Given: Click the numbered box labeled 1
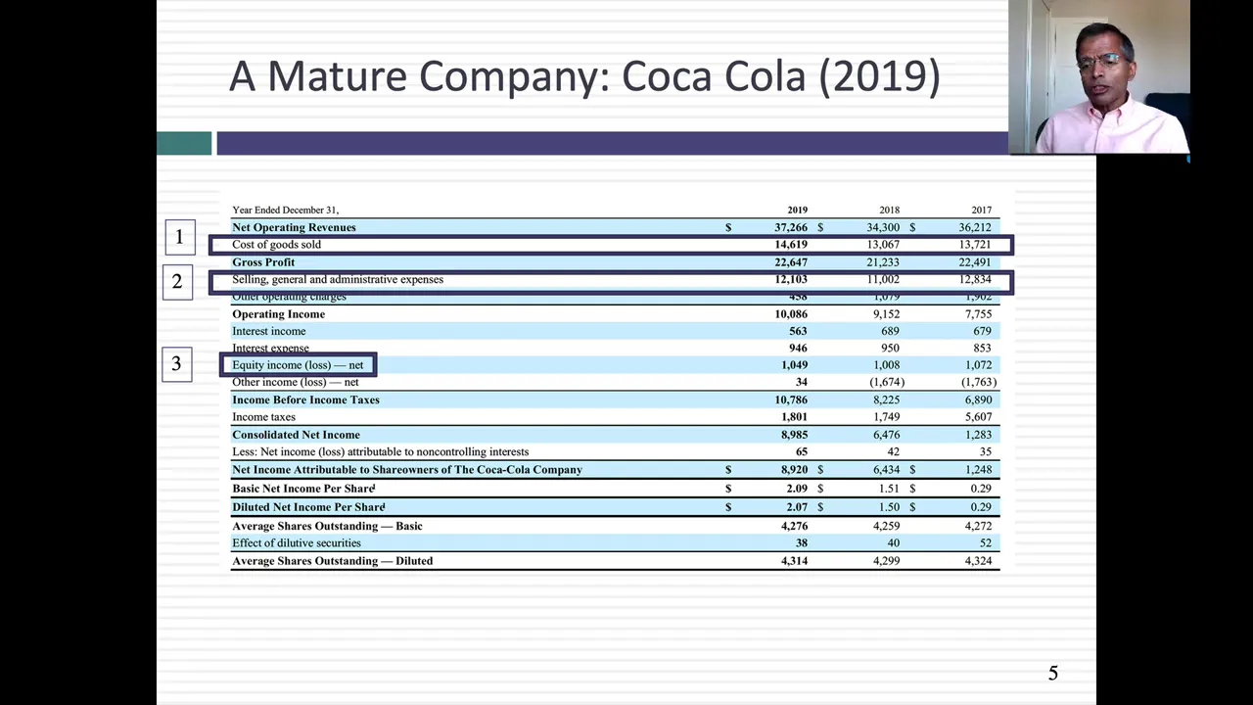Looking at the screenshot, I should coord(179,236).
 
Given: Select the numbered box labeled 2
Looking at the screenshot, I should coord(177,282).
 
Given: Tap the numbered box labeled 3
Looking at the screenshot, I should coord(176,364).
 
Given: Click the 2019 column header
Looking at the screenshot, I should coord(797,210).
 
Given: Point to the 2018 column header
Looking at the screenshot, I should coord(889,210).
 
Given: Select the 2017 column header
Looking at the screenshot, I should coord(981,210).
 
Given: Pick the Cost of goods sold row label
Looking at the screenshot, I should coord(276,245).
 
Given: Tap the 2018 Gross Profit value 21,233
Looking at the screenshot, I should coord(883,262).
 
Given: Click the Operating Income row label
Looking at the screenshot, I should coord(278,314).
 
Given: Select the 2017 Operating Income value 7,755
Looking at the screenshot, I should coord(978,314).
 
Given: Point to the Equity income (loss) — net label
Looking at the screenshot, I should coord(298,365).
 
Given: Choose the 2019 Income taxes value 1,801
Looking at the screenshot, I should coord(794,417).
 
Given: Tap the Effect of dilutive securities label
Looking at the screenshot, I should coord(296,543).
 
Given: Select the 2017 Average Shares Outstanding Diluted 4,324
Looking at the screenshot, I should coord(978,561).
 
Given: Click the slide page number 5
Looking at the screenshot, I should coord(1053,673).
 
